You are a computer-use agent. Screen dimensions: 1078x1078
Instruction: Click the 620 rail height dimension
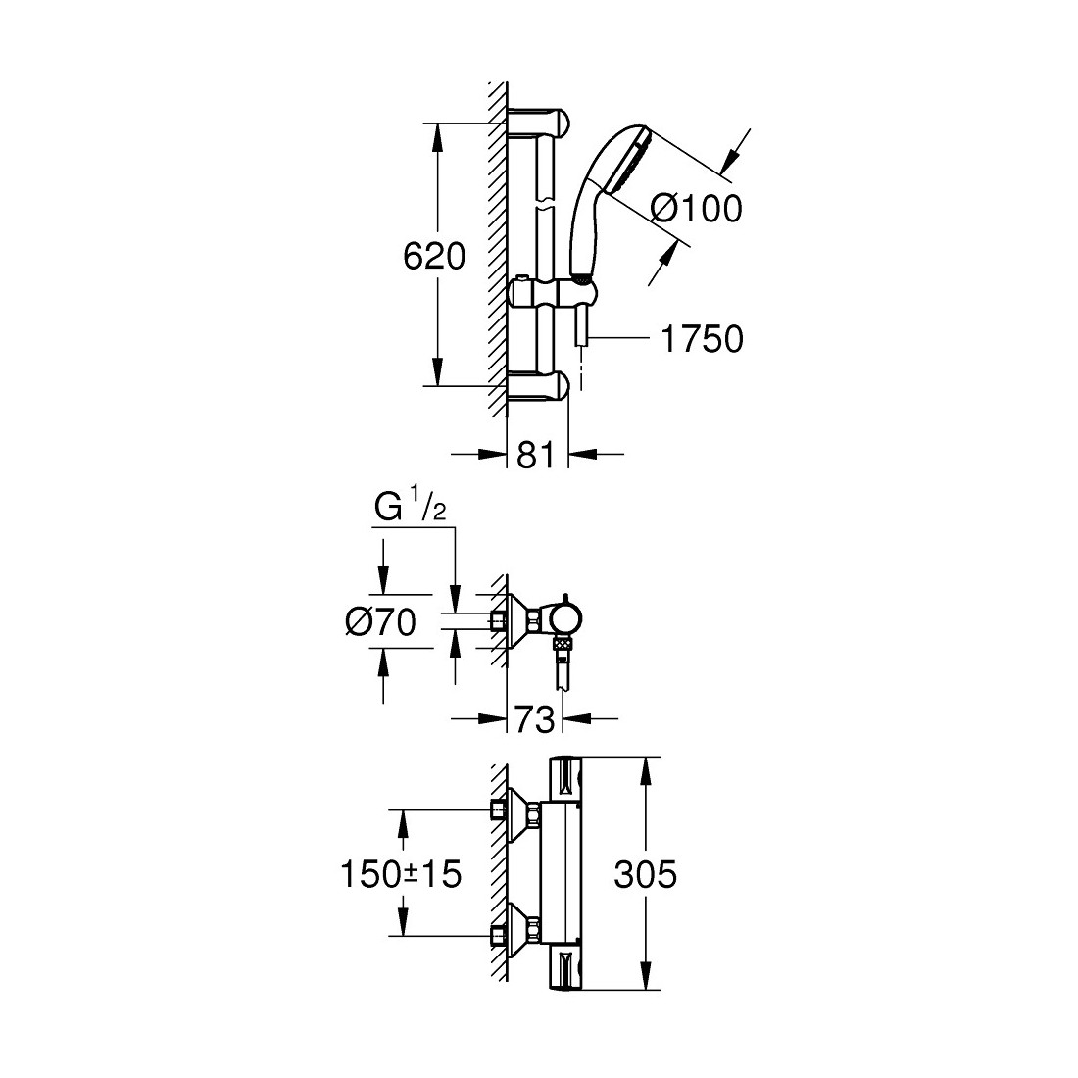coord(434,257)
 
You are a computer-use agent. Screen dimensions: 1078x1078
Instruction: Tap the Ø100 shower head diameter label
coord(697,208)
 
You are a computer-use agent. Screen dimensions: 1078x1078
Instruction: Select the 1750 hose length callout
coord(702,339)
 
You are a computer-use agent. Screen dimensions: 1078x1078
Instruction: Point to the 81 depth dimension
coord(535,455)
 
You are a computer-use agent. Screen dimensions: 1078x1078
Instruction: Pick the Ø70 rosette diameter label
coord(381,623)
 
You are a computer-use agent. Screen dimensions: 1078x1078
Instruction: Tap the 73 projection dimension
coord(534,720)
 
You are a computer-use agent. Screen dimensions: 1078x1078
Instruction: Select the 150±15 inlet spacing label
coord(402,874)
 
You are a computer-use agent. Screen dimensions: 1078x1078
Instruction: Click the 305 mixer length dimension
coord(645,874)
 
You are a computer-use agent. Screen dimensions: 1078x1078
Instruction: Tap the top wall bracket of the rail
coord(538,122)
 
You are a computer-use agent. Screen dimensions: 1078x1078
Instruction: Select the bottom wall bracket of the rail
coord(538,386)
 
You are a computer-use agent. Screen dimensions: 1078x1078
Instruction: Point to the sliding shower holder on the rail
coord(550,294)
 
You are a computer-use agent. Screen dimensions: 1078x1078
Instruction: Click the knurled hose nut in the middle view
coord(563,646)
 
